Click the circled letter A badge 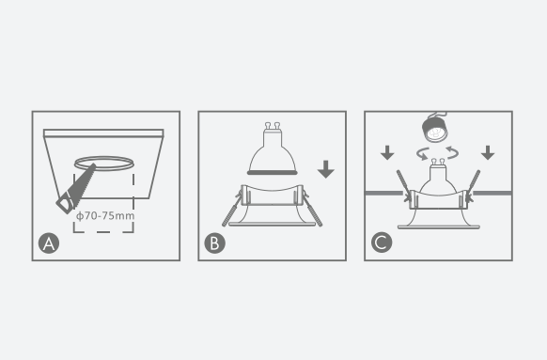[x=49, y=243]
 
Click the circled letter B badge [x=215, y=243]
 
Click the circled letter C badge [x=382, y=243]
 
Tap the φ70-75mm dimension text [x=105, y=216]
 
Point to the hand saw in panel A [x=75, y=190]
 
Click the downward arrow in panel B [x=326, y=169]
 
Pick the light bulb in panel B [x=273, y=149]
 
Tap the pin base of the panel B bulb [x=273, y=126]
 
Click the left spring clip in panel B [x=231, y=210]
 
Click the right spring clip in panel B [x=312, y=210]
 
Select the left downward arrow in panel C [x=387, y=153]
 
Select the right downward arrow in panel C [x=488, y=153]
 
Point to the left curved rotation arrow [x=423, y=153]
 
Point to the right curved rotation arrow [x=452, y=152]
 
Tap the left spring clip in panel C [x=403, y=186]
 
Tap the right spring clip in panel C [x=473, y=186]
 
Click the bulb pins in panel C [x=438, y=162]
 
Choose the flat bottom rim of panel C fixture [x=439, y=227]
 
